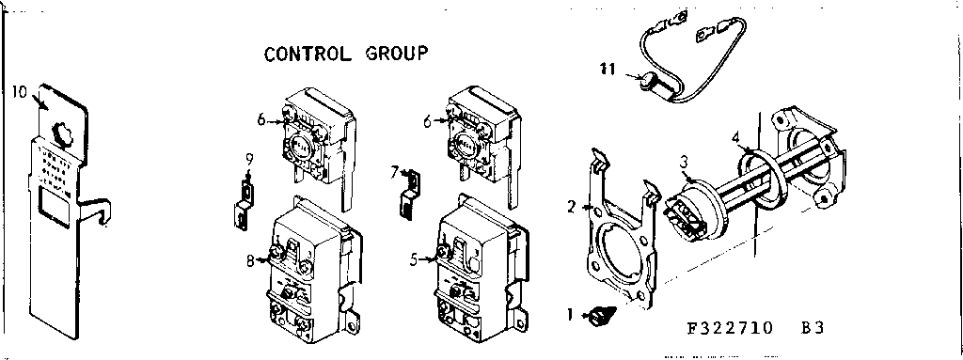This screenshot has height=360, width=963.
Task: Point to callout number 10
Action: pyautogui.click(x=21, y=91)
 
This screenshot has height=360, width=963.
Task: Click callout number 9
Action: pyautogui.click(x=248, y=157)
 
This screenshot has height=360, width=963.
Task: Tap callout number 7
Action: pyautogui.click(x=396, y=171)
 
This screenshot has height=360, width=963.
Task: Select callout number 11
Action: pyautogui.click(x=609, y=67)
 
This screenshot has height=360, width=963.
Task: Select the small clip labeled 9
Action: pyautogui.click(x=244, y=207)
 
